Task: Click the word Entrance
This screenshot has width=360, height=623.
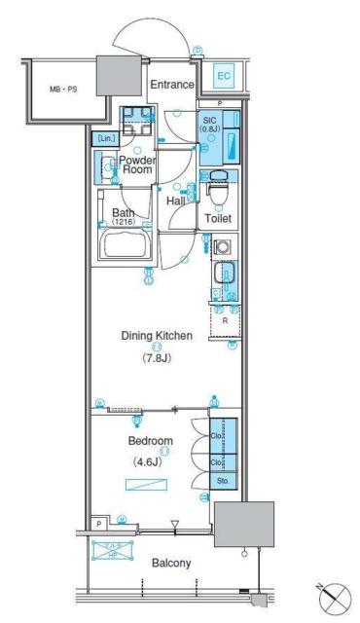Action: pyautogui.click(x=171, y=85)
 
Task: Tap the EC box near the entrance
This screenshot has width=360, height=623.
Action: pyautogui.click(x=222, y=75)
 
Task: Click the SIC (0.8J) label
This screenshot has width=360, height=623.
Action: pyautogui.click(x=211, y=125)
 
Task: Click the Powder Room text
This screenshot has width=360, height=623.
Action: pyautogui.click(x=140, y=165)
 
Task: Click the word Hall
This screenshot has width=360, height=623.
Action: pyautogui.click(x=176, y=201)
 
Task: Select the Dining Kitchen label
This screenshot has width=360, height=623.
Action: pyautogui.click(x=157, y=336)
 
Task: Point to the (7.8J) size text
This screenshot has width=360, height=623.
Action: pyautogui.click(x=156, y=356)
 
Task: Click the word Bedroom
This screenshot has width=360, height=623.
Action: pyautogui.click(x=152, y=440)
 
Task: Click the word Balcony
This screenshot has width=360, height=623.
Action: pyautogui.click(x=171, y=563)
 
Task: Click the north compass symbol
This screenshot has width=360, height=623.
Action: pyautogui.click(x=331, y=593)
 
